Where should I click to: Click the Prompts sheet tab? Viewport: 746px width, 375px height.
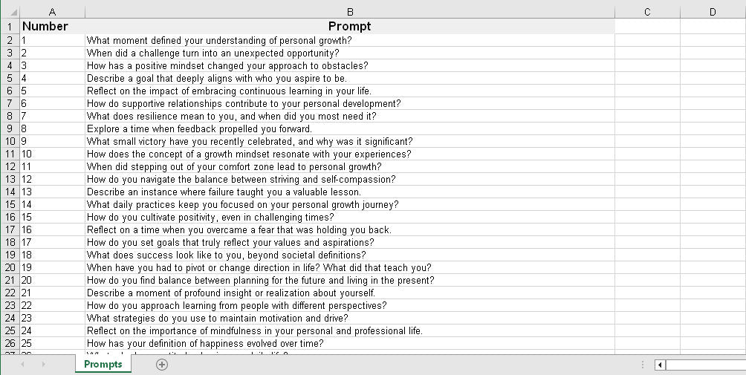click(x=103, y=365)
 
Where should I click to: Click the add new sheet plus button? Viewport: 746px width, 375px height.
click(x=161, y=365)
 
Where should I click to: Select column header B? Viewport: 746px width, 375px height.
click(x=349, y=11)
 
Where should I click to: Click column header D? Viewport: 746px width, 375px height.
click(x=712, y=11)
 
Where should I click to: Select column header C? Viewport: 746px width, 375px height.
click(x=646, y=11)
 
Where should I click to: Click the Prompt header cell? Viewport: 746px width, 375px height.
click(x=349, y=27)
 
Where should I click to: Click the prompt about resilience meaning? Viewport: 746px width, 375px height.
click(x=231, y=116)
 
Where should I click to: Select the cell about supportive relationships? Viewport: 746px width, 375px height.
click(x=243, y=103)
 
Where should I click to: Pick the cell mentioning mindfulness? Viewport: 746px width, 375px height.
click(x=254, y=330)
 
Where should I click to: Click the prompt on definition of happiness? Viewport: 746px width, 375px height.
click(x=204, y=343)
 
